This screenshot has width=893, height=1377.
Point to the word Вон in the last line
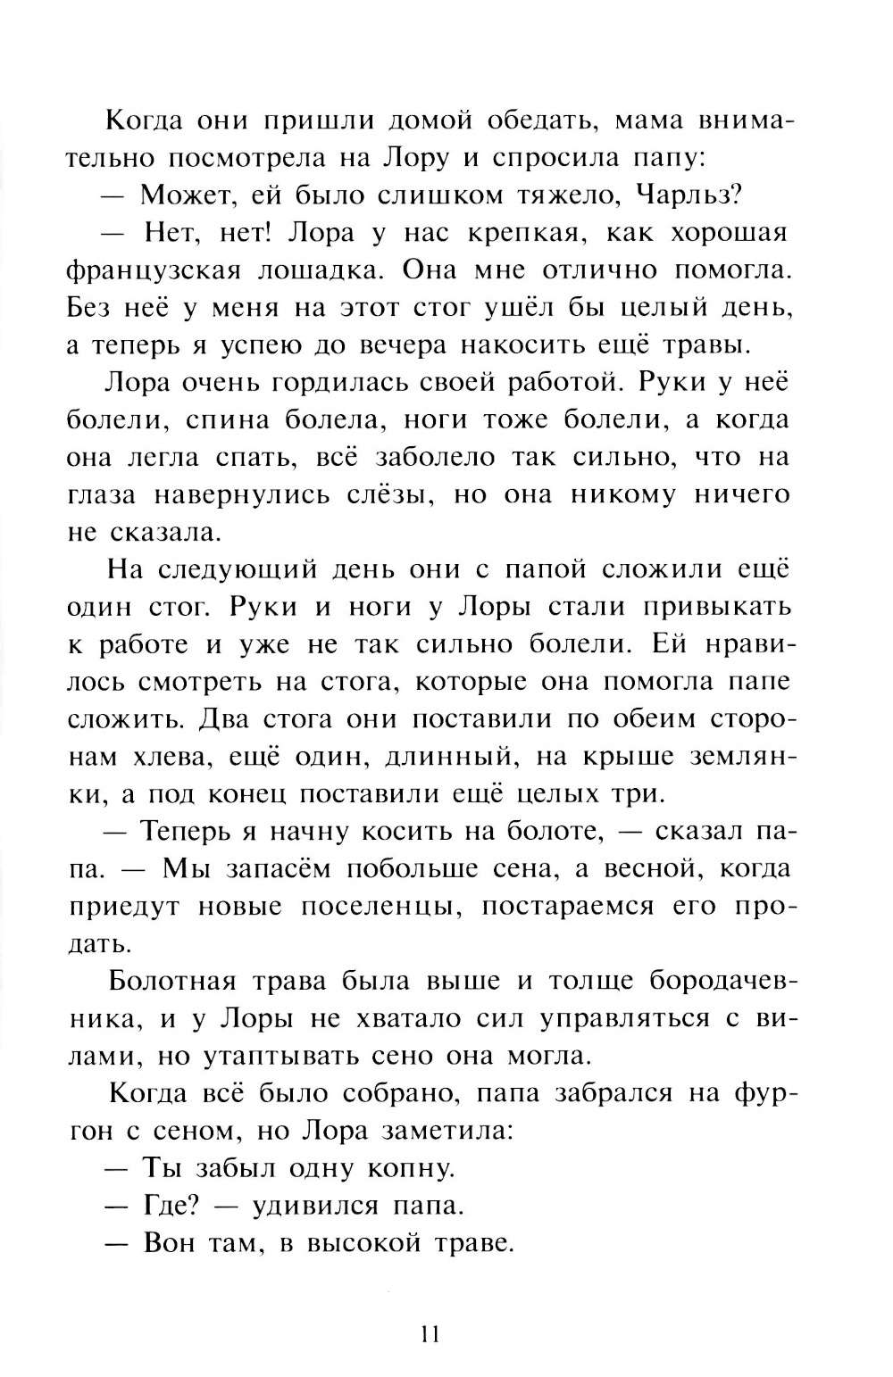coord(168,1243)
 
